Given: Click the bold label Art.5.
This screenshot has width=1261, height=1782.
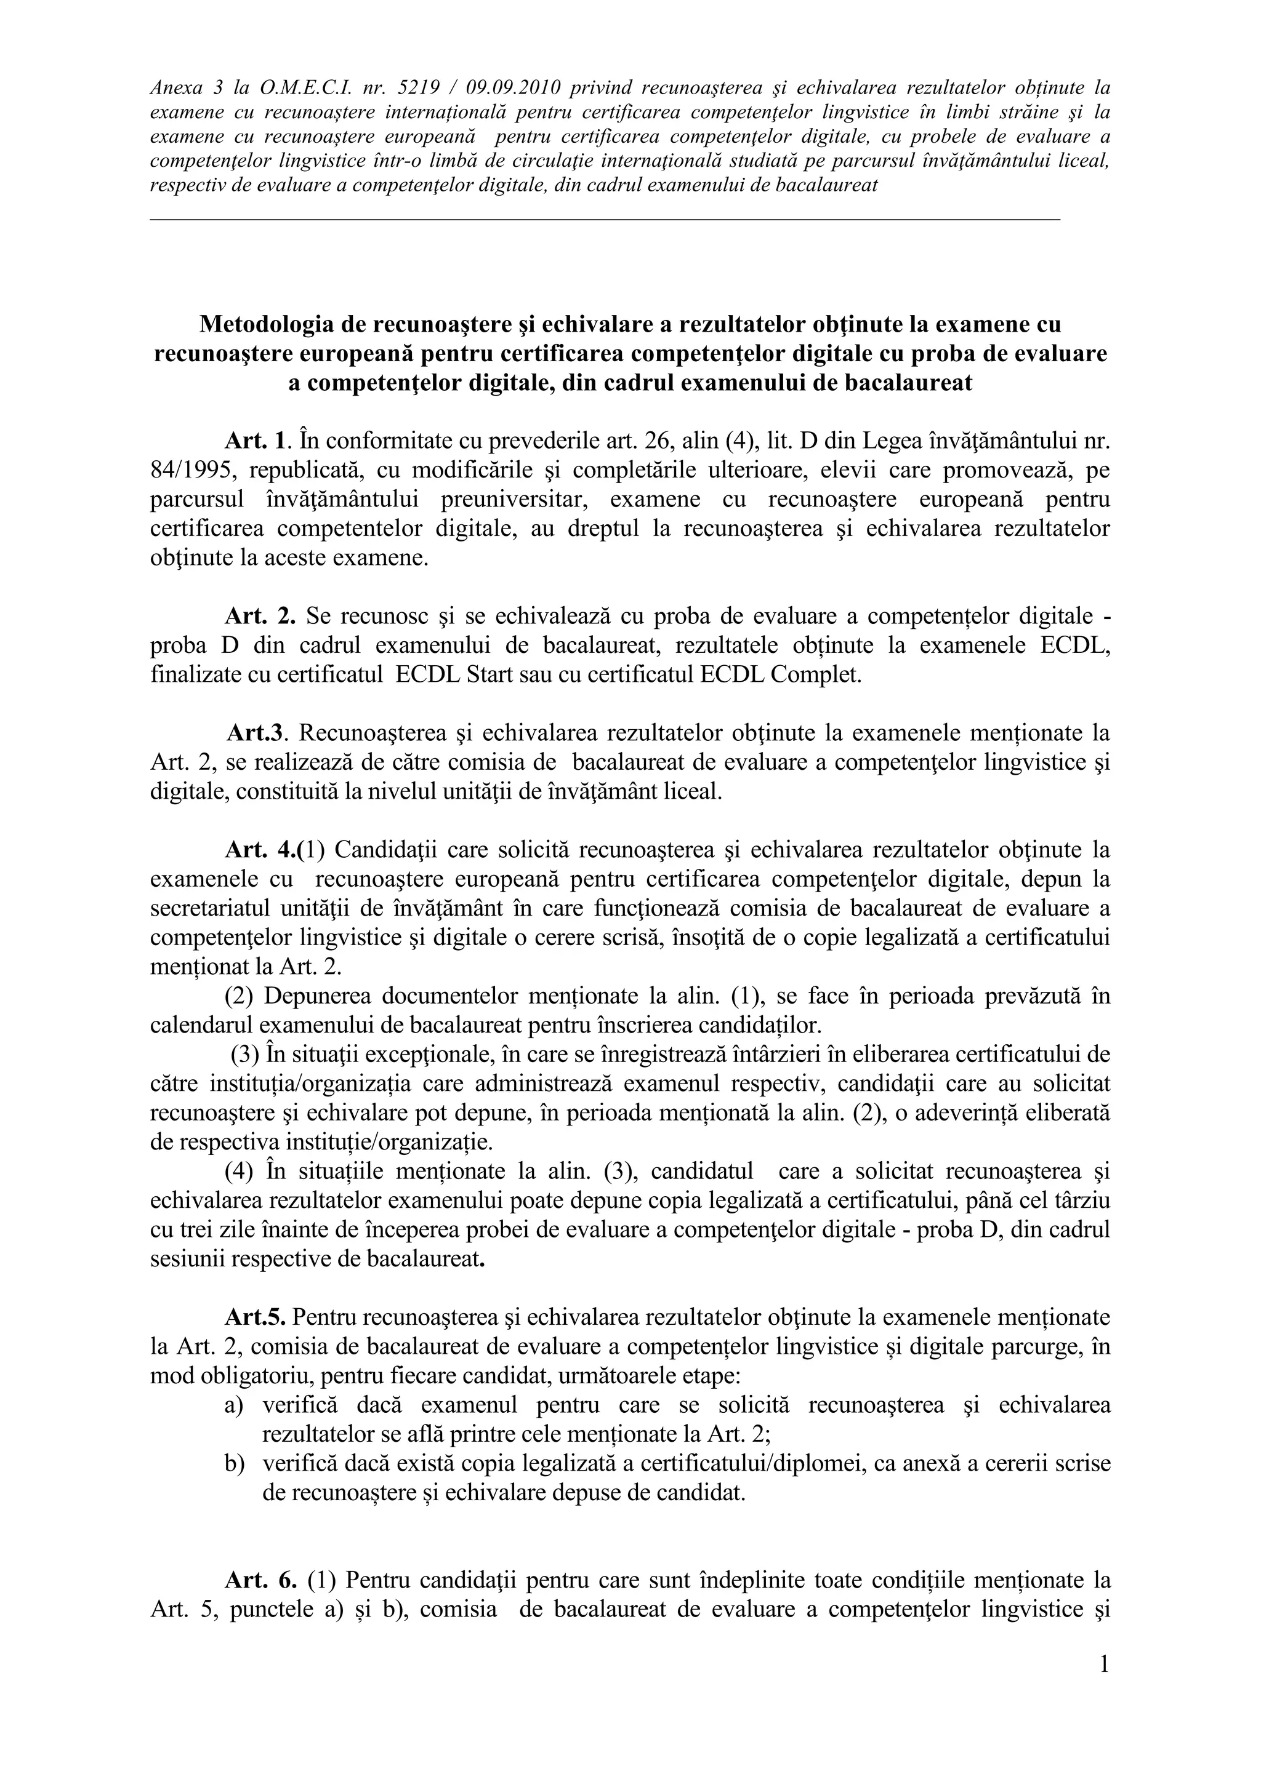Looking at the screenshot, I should pyautogui.click(x=256, y=1317).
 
